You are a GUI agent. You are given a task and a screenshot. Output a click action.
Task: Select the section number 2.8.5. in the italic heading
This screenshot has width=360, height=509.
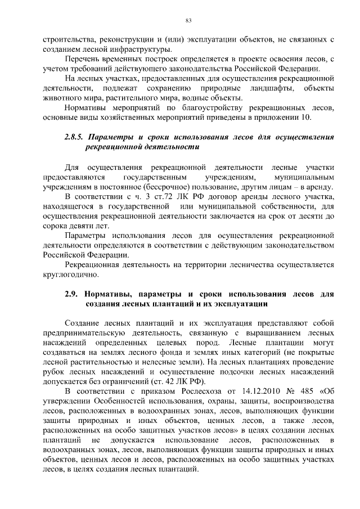tap(75, 137)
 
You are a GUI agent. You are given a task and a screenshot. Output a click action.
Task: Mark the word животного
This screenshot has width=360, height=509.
tap(60, 98)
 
